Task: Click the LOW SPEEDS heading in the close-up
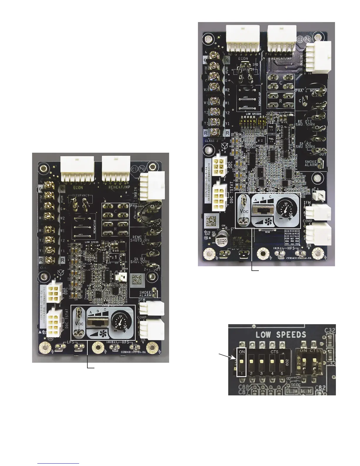(281, 334)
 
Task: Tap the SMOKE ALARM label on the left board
(145, 294)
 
